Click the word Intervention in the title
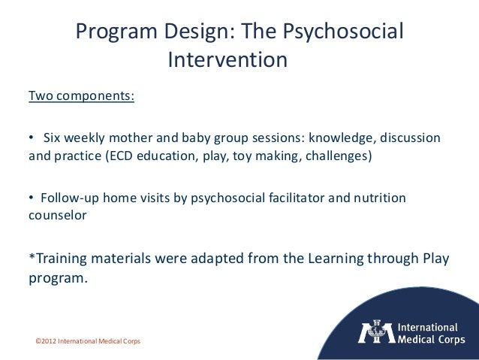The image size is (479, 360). point(227,59)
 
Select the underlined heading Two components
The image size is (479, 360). point(81,98)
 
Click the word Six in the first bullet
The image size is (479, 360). point(53,139)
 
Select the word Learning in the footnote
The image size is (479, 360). point(337,260)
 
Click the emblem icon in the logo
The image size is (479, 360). point(375,334)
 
